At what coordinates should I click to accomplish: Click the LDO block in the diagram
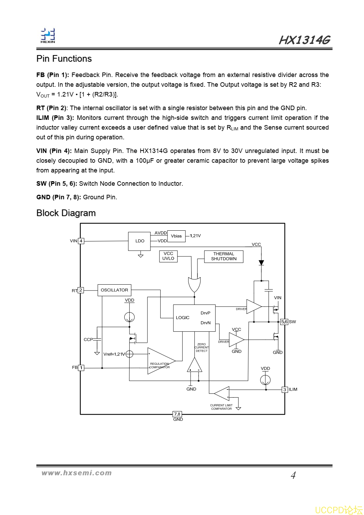pos(139,241)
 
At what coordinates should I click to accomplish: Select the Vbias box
pos(176,236)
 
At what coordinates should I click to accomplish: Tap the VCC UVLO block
pos(168,256)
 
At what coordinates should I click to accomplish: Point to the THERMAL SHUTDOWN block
pos(224,256)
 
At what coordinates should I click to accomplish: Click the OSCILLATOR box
pos(114,290)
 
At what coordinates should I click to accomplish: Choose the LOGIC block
pos(194,318)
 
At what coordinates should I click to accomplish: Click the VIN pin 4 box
pos(81,241)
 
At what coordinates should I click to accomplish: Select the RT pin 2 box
pos(81,290)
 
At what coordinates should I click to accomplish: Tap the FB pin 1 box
pos(81,368)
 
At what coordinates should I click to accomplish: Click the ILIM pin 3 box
pos(285,390)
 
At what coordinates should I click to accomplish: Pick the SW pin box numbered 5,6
pos(284,322)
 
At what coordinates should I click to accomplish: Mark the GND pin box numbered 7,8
pos(177,414)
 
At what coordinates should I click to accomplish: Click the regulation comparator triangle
pos(160,361)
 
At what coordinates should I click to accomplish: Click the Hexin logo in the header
pos(48,36)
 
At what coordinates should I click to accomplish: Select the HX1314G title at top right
pos(304,40)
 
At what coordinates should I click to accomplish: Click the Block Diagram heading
pos(66,213)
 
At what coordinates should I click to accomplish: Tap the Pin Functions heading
pos(64,59)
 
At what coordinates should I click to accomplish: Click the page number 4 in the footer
pos(293,475)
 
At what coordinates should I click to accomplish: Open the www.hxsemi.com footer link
pos(77,473)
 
